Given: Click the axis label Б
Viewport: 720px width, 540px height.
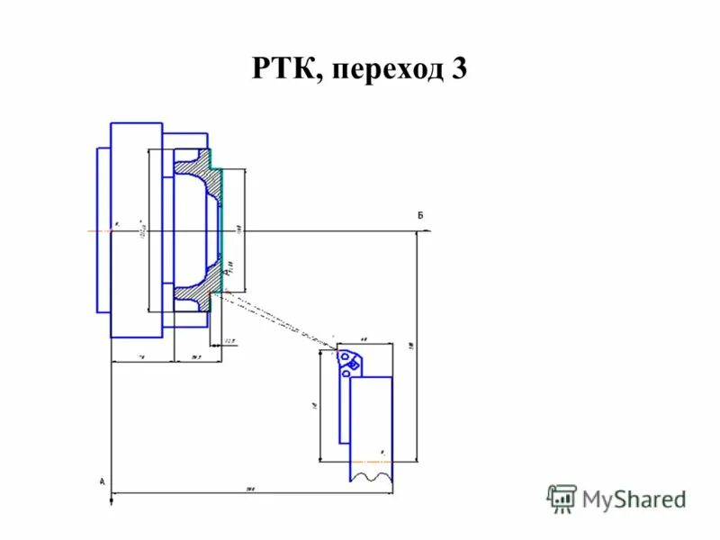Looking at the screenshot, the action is pos(419,215).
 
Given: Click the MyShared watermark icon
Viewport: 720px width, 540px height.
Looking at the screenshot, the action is pos(562,498).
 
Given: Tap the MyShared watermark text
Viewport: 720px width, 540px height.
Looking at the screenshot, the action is pos(633,499).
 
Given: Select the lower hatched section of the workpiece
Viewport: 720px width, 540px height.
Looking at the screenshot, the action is pos(194,293).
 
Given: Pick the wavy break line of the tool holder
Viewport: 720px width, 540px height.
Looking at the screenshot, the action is pos(371,476).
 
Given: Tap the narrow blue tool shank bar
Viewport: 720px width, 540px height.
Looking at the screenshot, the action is pos(344,405).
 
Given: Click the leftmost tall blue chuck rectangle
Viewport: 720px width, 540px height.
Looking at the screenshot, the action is pos(103,229).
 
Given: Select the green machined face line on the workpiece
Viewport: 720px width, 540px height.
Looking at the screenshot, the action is pos(220,229).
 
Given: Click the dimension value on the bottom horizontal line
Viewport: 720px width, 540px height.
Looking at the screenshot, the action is pos(252,489).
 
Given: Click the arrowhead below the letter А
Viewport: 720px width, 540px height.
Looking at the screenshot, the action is pos(110,501).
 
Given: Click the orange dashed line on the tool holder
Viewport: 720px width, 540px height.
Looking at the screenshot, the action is pos(371,461).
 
